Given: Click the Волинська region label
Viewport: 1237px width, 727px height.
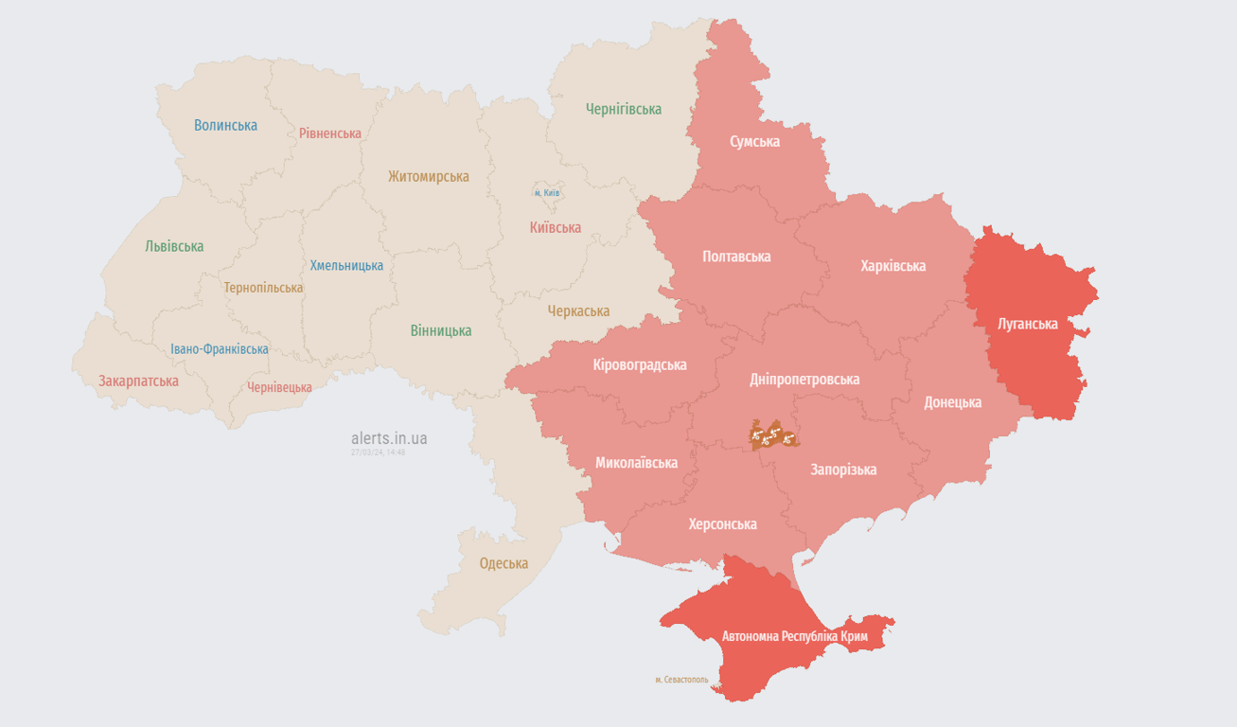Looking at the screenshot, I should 225,125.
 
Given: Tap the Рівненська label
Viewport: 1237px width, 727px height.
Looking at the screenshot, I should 329,133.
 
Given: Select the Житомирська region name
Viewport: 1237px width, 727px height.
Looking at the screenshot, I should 428,176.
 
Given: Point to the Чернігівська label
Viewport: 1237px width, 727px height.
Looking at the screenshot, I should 623,109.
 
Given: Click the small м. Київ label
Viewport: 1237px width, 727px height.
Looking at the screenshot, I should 547,193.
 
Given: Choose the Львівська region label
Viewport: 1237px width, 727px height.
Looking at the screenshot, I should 174,246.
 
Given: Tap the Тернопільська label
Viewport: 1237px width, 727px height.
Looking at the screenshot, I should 263,288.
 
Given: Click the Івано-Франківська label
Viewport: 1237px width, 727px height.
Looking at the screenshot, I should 219,349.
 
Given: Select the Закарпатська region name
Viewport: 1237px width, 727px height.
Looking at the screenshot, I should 138,381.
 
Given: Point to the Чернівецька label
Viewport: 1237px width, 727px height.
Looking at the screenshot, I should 279,387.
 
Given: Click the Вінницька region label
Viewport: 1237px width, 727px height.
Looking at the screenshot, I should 440,331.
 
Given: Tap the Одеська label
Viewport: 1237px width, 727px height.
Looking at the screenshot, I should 504,563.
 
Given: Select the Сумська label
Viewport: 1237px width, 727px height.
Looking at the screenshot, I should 754,141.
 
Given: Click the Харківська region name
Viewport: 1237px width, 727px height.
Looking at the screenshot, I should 892,266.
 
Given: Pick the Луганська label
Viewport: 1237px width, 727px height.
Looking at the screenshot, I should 1027,324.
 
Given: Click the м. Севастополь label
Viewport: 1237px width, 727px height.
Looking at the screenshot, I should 680,680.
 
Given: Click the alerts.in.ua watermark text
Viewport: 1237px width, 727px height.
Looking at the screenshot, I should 388,438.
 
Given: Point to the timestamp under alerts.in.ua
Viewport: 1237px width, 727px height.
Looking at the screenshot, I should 378,452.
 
